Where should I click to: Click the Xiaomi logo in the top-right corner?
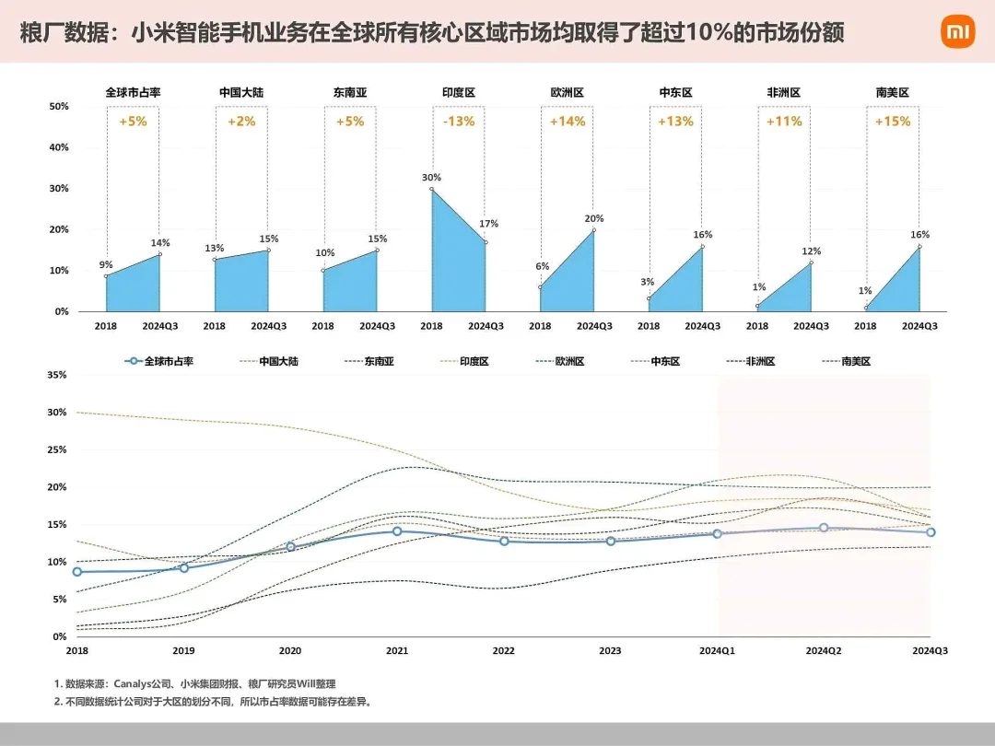click(x=957, y=32)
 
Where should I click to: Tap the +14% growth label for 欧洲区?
click(x=567, y=122)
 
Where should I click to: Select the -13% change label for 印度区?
click(x=458, y=122)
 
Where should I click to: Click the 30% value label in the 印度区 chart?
click(x=431, y=178)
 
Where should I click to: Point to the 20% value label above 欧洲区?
click(x=594, y=218)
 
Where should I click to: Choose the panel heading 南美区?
click(x=892, y=93)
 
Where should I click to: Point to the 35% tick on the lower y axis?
click(x=56, y=376)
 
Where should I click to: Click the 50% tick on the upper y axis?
click(x=58, y=107)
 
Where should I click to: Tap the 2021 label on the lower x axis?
click(x=397, y=651)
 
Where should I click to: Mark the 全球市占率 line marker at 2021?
click(x=397, y=531)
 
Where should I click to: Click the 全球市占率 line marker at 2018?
click(x=77, y=572)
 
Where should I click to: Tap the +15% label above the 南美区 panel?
click(x=892, y=122)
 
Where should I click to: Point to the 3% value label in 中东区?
click(x=649, y=282)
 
